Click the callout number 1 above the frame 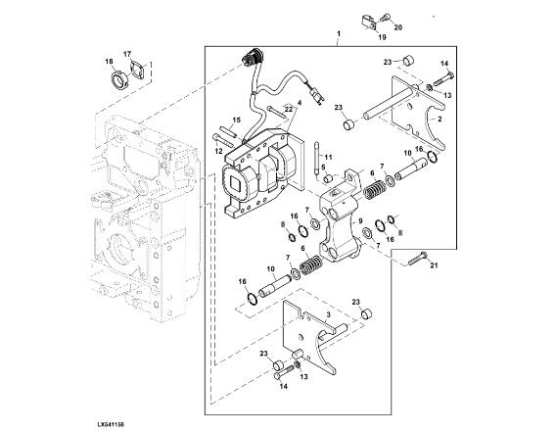(x=339, y=33)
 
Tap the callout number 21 (x=434, y=265)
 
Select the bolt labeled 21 (x=418, y=258)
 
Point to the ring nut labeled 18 (x=119, y=79)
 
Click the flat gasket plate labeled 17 (x=138, y=69)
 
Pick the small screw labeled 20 (x=385, y=17)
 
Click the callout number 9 (x=360, y=221)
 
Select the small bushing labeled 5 (x=328, y=178)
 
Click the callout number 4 (x=300, y=103)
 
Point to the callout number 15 (x=237, y=120)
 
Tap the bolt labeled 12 (x=222, y=140)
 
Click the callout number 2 (x=440, y=119)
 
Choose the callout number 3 (x=328, y=314)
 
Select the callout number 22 (x=289, y=110)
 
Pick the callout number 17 (x=127, y=54)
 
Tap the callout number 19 (x=382, y=37)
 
